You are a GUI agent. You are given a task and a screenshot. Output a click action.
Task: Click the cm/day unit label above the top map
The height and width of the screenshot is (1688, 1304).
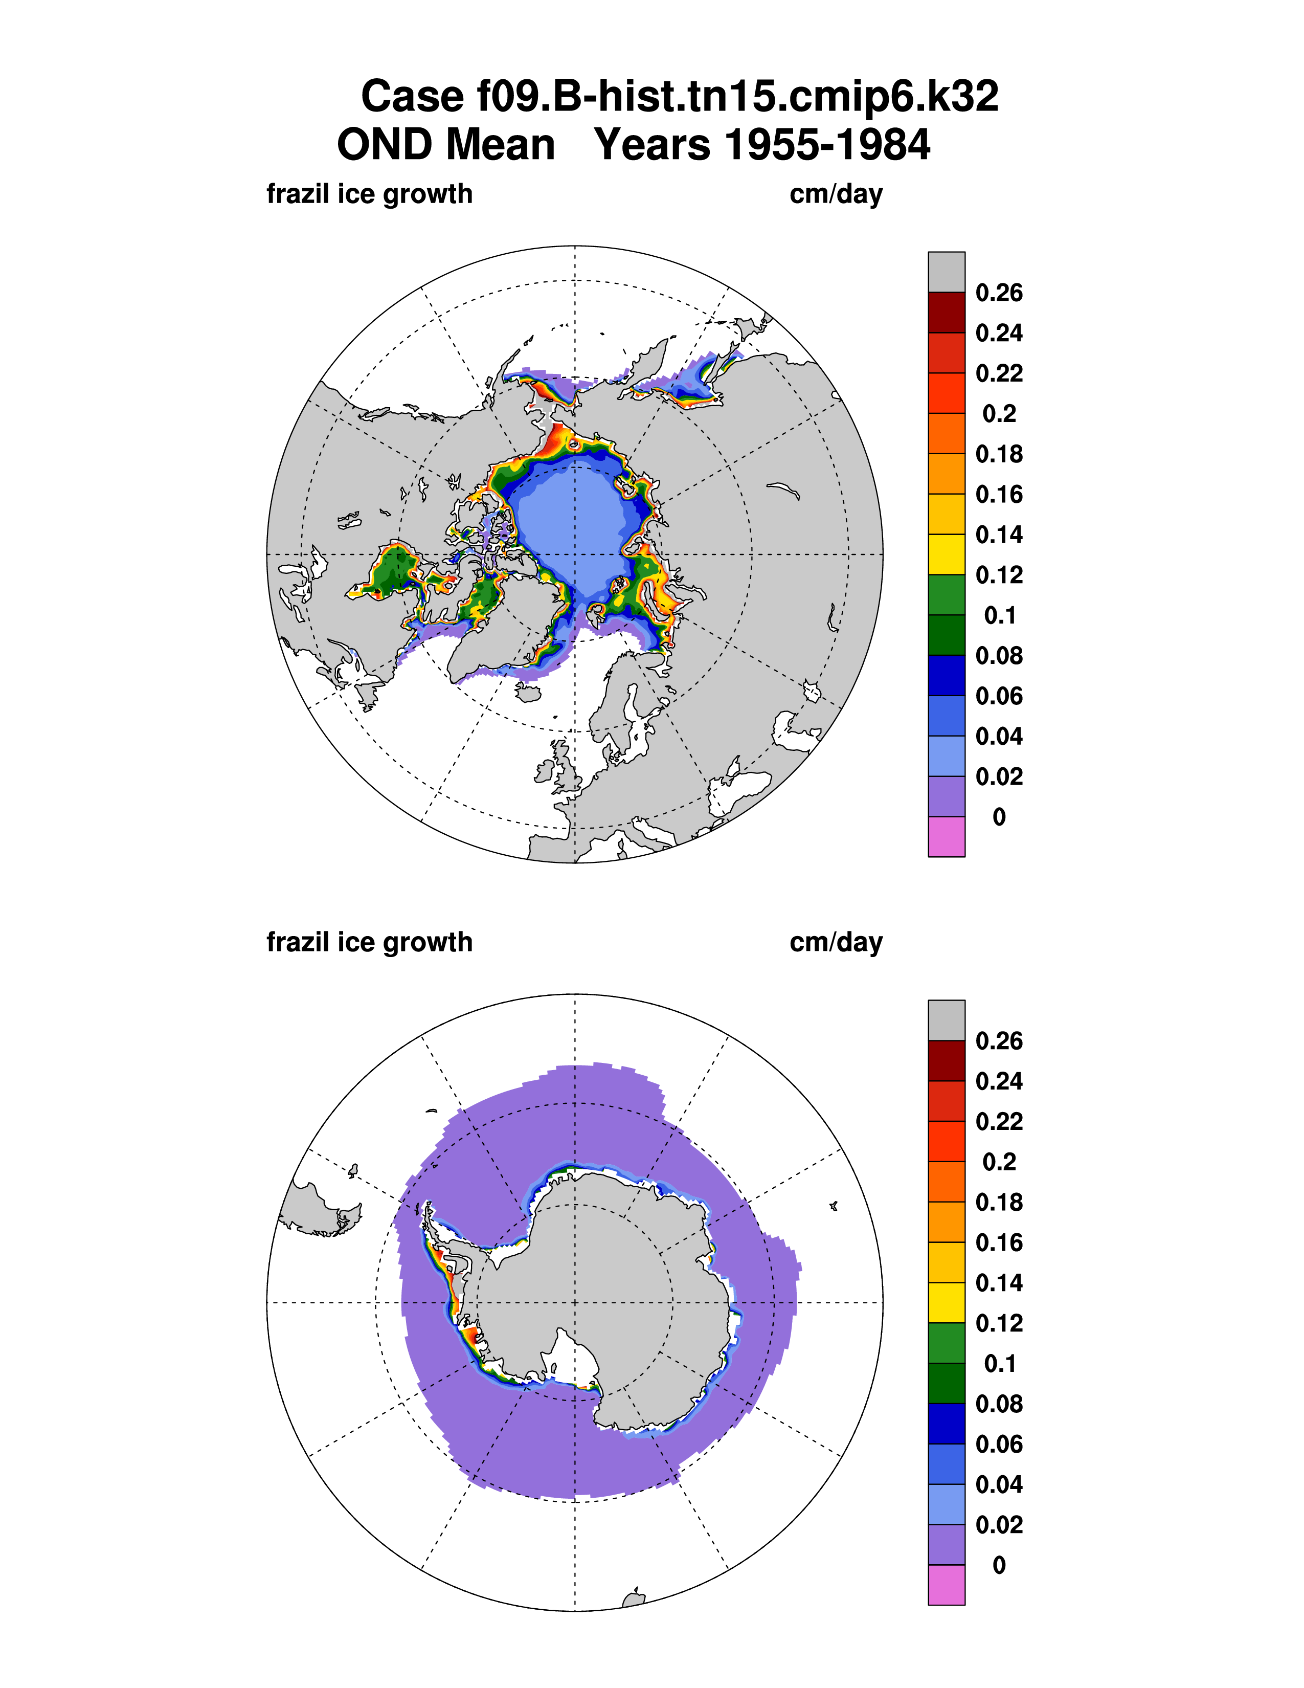point(836,194)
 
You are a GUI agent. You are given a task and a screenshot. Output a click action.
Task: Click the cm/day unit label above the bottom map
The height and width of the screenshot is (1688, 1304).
point(836,942)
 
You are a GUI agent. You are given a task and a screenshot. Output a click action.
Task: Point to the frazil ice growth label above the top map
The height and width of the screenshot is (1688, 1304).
point(369,194)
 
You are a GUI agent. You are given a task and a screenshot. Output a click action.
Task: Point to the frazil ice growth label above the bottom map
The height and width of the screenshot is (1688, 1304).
point(369,942)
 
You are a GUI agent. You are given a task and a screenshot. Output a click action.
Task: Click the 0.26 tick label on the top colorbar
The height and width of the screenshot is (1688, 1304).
point(999,293)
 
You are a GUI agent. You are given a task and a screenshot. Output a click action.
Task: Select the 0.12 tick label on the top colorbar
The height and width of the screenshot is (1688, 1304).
point(999,575)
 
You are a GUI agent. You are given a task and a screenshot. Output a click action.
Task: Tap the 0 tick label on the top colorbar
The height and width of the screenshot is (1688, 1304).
point(999,817)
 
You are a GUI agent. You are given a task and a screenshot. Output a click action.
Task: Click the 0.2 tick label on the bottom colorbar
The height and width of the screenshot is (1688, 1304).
point(999,1162)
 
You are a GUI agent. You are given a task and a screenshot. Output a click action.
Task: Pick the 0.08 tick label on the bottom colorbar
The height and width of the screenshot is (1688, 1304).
point(999,1404)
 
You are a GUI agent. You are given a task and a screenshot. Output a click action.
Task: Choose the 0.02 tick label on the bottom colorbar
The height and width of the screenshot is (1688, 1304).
point(999,1524)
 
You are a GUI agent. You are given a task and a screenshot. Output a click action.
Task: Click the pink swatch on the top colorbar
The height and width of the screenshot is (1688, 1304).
point(947,837)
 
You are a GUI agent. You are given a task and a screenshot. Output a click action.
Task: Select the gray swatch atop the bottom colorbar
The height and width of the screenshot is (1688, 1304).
point(947,1020)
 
